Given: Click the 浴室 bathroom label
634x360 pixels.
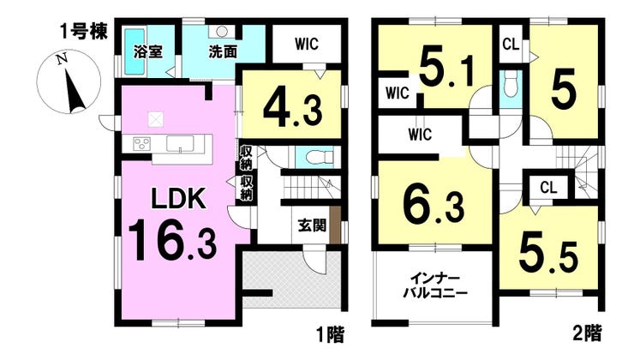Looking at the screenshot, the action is tap(148, 51).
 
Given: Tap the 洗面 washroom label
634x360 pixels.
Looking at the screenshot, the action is tap(223, 51).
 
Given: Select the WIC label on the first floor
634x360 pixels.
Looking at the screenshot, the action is tap(307, 44).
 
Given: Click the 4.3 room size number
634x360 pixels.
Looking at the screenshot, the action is tap(293, 109).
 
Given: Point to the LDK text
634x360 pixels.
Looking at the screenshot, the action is tap(179, 199).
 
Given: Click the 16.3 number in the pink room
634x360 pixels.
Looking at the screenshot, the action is tap(172, 239).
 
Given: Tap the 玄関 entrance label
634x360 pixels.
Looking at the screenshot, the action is tap(312, 225).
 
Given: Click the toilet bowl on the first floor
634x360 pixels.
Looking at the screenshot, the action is tap(319, 158).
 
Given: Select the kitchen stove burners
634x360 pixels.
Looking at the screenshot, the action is tap(142, 144).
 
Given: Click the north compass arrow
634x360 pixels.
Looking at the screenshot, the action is tap(74, 91).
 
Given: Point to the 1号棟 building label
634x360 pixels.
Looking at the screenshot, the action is tap(84, 32).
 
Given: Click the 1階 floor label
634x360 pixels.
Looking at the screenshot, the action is tap(330, 334).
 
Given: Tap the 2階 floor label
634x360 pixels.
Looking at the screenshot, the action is tap(587, 333).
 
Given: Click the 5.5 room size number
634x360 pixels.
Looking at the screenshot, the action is tap(548, 254).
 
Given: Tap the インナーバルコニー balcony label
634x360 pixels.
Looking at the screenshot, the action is tap(435, 285).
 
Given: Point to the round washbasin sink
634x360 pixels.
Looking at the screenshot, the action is tap(221, 31).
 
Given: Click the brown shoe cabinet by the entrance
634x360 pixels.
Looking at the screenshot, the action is tap(335, 225).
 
